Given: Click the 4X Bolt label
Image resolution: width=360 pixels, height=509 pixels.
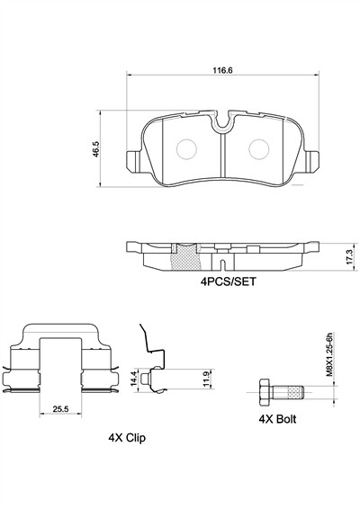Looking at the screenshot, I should (278, 419).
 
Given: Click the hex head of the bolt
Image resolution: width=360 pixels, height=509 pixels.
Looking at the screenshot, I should (265, 391).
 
